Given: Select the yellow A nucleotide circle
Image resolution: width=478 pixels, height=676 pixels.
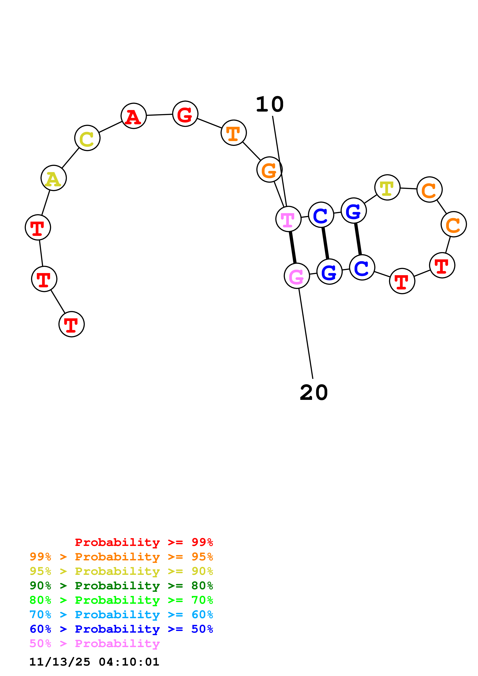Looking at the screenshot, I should point(54,178).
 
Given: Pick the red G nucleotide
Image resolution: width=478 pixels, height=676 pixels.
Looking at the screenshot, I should point(185,114).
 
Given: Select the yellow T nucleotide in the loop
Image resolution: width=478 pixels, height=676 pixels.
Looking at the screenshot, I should point(387,187).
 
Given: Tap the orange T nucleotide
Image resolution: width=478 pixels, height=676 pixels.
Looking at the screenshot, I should point(234,133).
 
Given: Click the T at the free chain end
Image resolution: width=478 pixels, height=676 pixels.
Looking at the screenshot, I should point(72,324).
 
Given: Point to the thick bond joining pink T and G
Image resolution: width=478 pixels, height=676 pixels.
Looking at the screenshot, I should point(293,247).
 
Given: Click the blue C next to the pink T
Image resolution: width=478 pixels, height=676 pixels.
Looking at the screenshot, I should point(321,215).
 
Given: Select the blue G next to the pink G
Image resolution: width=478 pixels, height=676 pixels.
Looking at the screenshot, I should point(329,272).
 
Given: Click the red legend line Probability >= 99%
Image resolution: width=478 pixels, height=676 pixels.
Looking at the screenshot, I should point(144,542).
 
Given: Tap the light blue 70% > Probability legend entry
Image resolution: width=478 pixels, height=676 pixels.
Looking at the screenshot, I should point(121,615).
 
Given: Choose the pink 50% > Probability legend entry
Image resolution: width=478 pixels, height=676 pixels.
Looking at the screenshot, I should point(94,643).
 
